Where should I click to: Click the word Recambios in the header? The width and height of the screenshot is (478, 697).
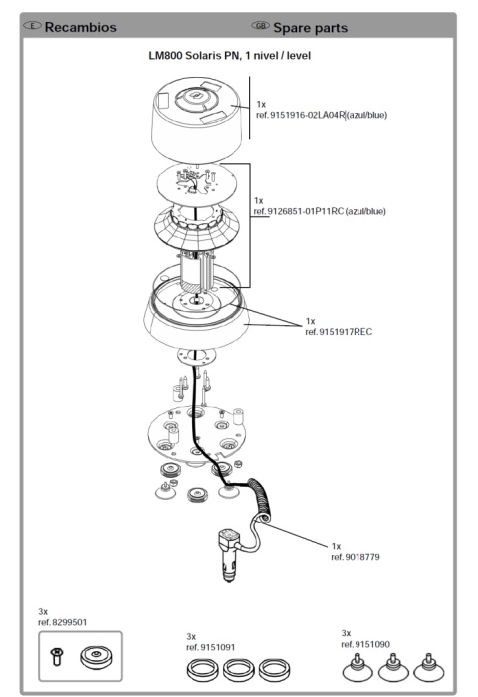point(81,27)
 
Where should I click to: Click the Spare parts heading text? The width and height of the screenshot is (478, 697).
point(311,28)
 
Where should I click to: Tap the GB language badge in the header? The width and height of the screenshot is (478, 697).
point(260,25)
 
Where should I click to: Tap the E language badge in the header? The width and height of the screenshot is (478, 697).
point(32,25)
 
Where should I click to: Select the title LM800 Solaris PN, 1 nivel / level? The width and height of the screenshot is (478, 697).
point(229,56)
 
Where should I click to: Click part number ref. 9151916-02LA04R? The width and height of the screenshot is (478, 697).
point(300,115)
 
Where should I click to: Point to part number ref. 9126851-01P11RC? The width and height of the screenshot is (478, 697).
point(298,211)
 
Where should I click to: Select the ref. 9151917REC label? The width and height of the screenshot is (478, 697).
point(339,332)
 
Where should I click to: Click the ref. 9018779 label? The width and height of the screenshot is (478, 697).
point(356,557)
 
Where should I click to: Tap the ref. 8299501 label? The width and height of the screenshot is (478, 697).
point(62,622)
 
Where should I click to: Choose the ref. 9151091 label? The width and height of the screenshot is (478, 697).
point(211,647)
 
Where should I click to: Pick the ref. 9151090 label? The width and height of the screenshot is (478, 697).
point(365,644)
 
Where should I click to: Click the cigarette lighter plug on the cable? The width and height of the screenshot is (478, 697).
point(229,554)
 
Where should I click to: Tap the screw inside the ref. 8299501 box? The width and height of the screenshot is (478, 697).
point(57,656)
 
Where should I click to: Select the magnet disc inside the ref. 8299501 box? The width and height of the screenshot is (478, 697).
point(96,657)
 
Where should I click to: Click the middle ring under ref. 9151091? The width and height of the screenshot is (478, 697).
point(238,669)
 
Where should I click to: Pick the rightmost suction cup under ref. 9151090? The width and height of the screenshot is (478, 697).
point(428,668)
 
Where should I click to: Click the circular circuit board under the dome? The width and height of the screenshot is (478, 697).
point(197,184)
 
